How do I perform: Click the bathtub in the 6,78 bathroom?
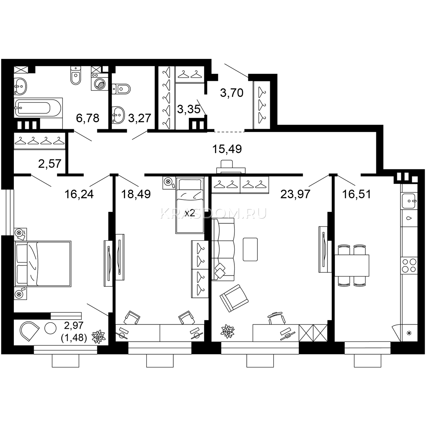[38, 108]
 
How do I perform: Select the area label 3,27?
[140, 118]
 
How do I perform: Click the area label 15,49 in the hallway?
[227, 149]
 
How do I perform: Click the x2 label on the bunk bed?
[190, 213]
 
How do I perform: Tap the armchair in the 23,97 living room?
[234, 298]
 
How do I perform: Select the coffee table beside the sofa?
[250, 249]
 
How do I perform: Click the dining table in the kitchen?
[352, 266]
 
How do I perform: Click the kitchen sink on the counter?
[409, 201]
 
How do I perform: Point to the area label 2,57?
[49, 164]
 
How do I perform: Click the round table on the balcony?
[50, 328]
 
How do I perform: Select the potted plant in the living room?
[228, 331]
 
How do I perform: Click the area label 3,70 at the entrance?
[232, 93]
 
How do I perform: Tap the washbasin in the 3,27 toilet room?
[118, 115]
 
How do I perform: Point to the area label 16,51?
[356, 194]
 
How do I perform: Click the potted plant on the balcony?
[99, 337]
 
